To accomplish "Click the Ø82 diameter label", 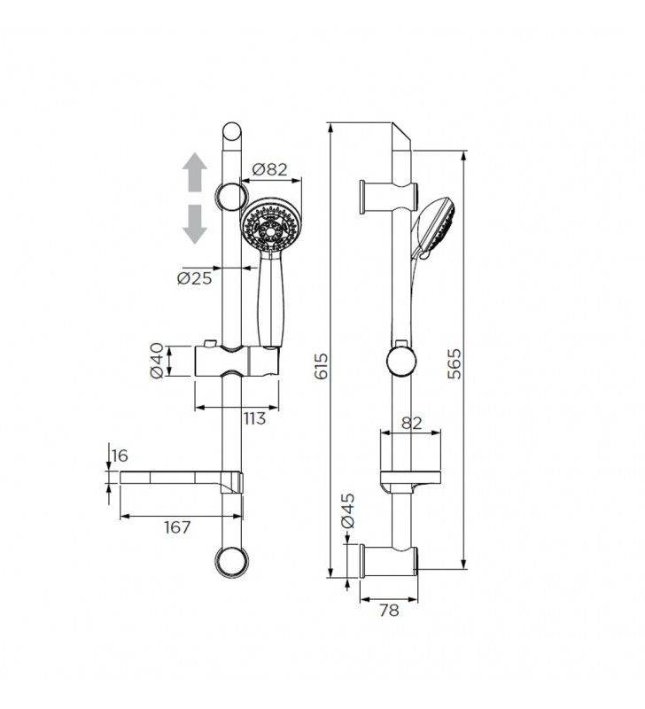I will (x=270, y=169).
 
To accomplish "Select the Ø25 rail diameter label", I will (x=194, y=277).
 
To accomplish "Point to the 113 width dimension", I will (x=254, y=418).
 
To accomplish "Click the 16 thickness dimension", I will (x=120, y=456).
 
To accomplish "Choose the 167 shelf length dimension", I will (x=178, y=527).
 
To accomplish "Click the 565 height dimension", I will (x=455, y=363).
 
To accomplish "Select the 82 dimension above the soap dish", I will (x=411, y=424).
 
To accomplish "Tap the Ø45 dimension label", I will (x=348, y=510).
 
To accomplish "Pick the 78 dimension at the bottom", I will (x=388, y=610).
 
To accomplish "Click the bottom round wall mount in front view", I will (x=231, y=560).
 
